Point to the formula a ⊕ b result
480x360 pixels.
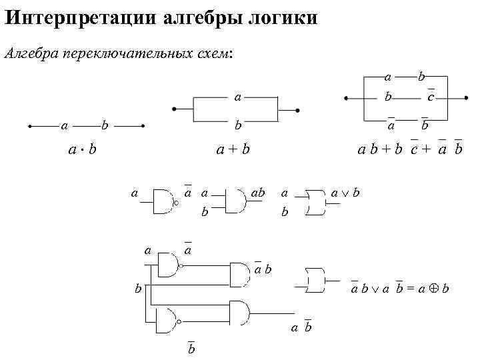[434, 289]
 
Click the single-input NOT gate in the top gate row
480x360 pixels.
[165, 200]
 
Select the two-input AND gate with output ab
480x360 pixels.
[236, 200]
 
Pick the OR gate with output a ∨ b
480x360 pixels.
[315, 201]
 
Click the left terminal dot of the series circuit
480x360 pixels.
[30, 125]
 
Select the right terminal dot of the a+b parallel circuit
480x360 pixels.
[297, 110]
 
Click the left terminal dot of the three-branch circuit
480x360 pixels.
[345, 98]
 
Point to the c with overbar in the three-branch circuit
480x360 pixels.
[431, 97]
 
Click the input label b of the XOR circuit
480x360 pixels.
[138, 289]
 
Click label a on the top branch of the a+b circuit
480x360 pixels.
[237, 97]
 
